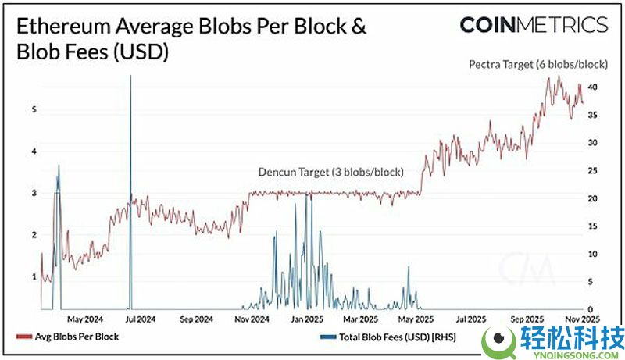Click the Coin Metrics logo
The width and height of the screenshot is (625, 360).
(x=534, y=24)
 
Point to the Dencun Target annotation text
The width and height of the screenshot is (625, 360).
(x=330, y=172)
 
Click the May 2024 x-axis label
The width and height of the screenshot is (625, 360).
(x=86, y=319)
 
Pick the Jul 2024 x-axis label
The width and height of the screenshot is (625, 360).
(x=141, y=319)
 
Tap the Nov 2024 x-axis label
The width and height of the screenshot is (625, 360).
(x=252, y=319)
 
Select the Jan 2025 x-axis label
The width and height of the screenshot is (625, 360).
(x=307, y=319)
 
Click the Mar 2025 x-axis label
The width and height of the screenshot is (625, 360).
(x=361, y=319)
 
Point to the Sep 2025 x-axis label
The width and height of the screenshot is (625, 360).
(x=527, y=319)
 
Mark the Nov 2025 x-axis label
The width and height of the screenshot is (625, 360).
(x=583, y=319)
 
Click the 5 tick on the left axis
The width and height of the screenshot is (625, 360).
(x=34, y=110)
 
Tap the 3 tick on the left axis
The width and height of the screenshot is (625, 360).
(x=34, y=193)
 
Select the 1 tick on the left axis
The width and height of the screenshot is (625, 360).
(x=34, y=276)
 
